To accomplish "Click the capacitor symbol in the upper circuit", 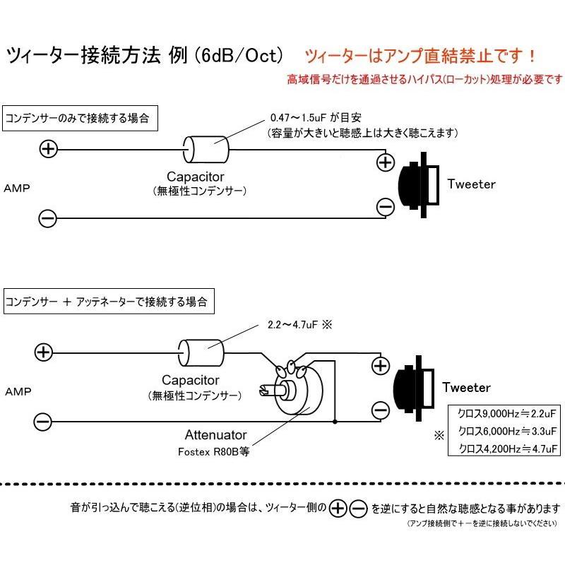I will tap(207, 149).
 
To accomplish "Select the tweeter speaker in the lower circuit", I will tap(415, 388).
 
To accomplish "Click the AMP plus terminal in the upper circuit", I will tap(48, 149).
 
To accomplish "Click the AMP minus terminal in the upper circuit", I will tap(48, 218).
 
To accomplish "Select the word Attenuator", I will tap(215, 436).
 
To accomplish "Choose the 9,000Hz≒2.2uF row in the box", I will tap(508, 413).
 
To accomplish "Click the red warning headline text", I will tap(420, 55).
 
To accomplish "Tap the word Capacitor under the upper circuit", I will tap(196, 177).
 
